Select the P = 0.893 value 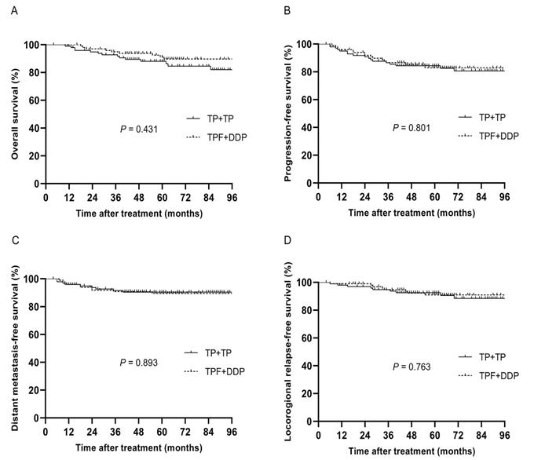138,363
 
